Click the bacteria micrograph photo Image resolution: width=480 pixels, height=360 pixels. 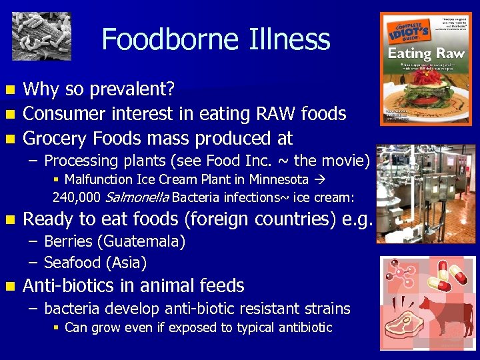click(41, 35)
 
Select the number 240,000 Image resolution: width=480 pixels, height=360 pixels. click(77, 197)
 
